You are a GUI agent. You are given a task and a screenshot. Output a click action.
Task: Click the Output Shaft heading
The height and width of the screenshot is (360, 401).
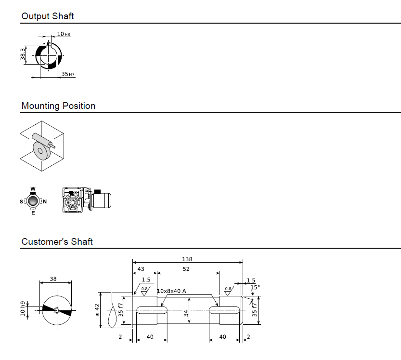tap(47, 16)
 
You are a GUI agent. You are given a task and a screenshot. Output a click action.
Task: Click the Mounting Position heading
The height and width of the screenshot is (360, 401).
tap(58, 106)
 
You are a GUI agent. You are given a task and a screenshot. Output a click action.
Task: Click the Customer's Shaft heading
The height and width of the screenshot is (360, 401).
tap(57, 241)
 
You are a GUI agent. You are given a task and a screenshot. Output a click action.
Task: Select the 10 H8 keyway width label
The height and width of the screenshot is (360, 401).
tap(64, 34)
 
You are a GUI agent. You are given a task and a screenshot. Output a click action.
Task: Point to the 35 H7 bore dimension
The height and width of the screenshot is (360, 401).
tap(68, 74)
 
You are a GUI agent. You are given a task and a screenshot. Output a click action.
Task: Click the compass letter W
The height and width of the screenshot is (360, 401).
tap(33, 189)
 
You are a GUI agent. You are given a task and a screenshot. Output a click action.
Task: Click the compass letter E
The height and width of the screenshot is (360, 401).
tap(33, 213)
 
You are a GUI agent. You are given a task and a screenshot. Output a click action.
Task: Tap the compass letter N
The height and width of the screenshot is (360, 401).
tap(45, 201)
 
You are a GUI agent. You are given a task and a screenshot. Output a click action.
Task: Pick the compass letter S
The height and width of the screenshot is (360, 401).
tap(21, 201)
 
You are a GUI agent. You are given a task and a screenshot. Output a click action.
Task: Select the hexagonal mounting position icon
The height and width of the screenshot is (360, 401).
tap(41, 145)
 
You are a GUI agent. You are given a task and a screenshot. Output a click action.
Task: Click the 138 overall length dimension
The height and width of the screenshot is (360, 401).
tap(187, 259)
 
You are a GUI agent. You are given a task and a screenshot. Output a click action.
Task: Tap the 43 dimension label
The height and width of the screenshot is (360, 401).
tap(141, 269)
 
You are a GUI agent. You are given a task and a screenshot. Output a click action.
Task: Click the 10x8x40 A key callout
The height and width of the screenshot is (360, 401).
tap(171, 291)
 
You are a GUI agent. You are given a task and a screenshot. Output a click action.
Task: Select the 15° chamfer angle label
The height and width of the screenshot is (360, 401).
tap(255, 287)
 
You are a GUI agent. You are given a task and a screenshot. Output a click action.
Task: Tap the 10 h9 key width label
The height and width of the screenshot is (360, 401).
tap(23, 309)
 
